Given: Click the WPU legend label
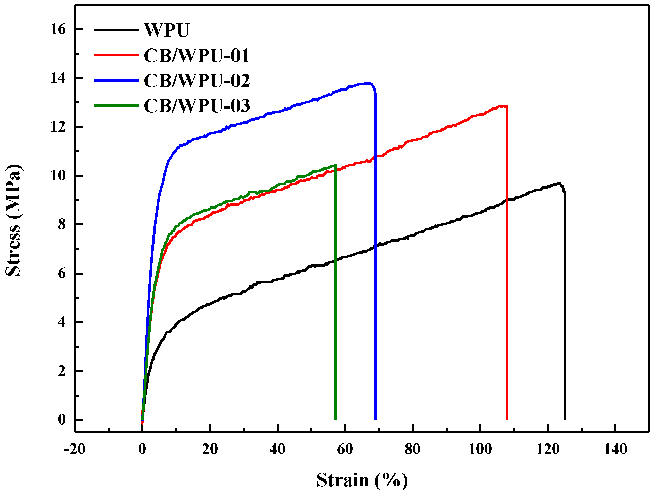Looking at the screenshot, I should click(166, 30).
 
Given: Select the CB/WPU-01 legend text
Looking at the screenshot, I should click(196, 56).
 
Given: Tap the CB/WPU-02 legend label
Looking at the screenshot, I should click(197, 81).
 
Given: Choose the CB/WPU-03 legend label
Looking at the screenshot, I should click(197, 106).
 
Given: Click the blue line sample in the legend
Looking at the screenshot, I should click(116, 80).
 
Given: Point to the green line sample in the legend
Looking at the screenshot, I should click(116, 105).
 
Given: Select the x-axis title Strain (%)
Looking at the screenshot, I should click(362, 480).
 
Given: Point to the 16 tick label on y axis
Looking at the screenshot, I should click(58, 29).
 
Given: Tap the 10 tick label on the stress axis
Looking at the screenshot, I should click(58, 176).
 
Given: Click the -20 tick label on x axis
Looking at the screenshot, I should click(75, 449).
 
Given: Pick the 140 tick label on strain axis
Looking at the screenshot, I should click(615, 449).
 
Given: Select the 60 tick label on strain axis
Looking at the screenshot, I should click(345, 449).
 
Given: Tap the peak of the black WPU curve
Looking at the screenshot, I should click(558, 183).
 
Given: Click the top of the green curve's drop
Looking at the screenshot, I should click(335, 165).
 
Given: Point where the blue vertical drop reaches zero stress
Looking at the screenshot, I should click(376, 419).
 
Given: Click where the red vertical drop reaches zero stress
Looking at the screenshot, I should click(507, 419).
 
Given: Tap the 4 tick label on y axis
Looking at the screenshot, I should click(61, 322).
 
